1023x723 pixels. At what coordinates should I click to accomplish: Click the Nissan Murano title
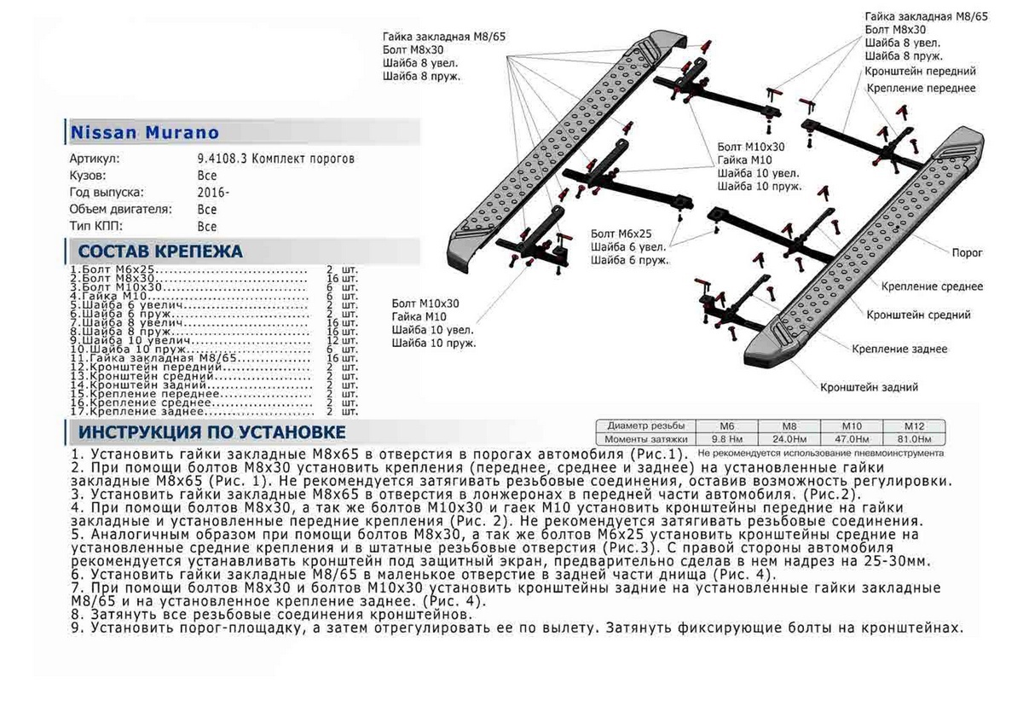point(144,133)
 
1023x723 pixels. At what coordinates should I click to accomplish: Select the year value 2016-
point(212,193)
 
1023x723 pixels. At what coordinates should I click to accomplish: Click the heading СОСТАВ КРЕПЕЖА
point(160,252)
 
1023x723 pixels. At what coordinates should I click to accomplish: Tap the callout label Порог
point(967,253)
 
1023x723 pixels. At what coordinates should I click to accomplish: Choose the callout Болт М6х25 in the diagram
point(621,233)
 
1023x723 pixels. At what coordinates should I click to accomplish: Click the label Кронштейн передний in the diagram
point(920,72)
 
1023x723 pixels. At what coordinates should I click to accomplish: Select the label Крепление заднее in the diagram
point(899,350)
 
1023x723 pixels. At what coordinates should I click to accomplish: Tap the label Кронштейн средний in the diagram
point(918,315)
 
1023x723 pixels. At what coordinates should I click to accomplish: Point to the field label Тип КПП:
point(95,227)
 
